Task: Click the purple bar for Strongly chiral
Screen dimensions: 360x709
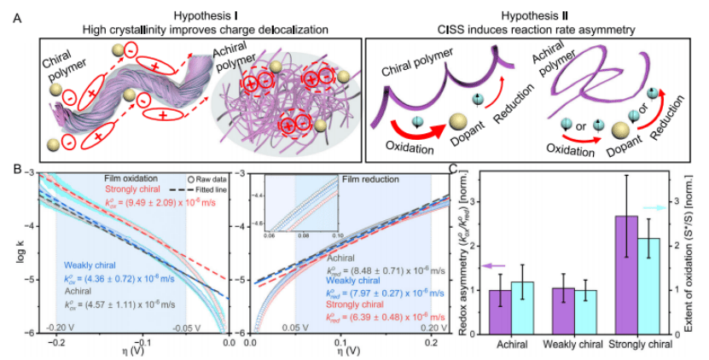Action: (626, 274)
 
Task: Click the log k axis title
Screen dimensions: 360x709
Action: (20, 253)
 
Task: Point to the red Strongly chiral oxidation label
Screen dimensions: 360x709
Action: (136, 190)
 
